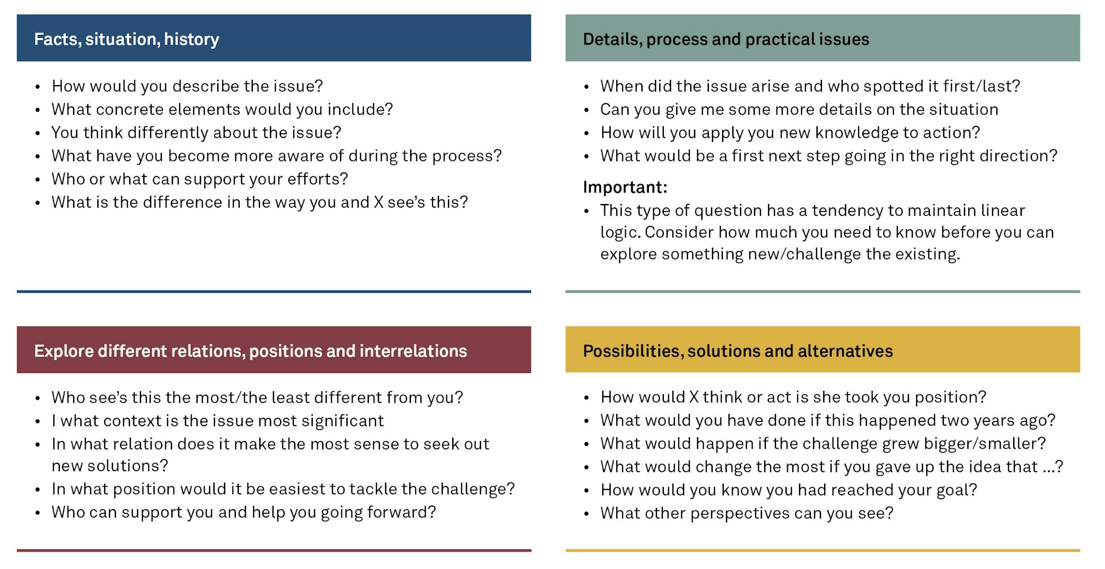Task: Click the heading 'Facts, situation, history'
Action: tap(127, 40)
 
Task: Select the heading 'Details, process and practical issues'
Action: tap(726, 40)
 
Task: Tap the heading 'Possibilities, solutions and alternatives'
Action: tap(738, 351)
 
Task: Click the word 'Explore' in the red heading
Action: tap(64, 351)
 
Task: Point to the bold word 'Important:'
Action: tap(625, 187)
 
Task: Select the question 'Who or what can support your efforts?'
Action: tap(199, 179)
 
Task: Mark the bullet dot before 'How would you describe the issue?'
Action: tap(38, 87)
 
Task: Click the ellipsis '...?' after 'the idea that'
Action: tap(1053, 467)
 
